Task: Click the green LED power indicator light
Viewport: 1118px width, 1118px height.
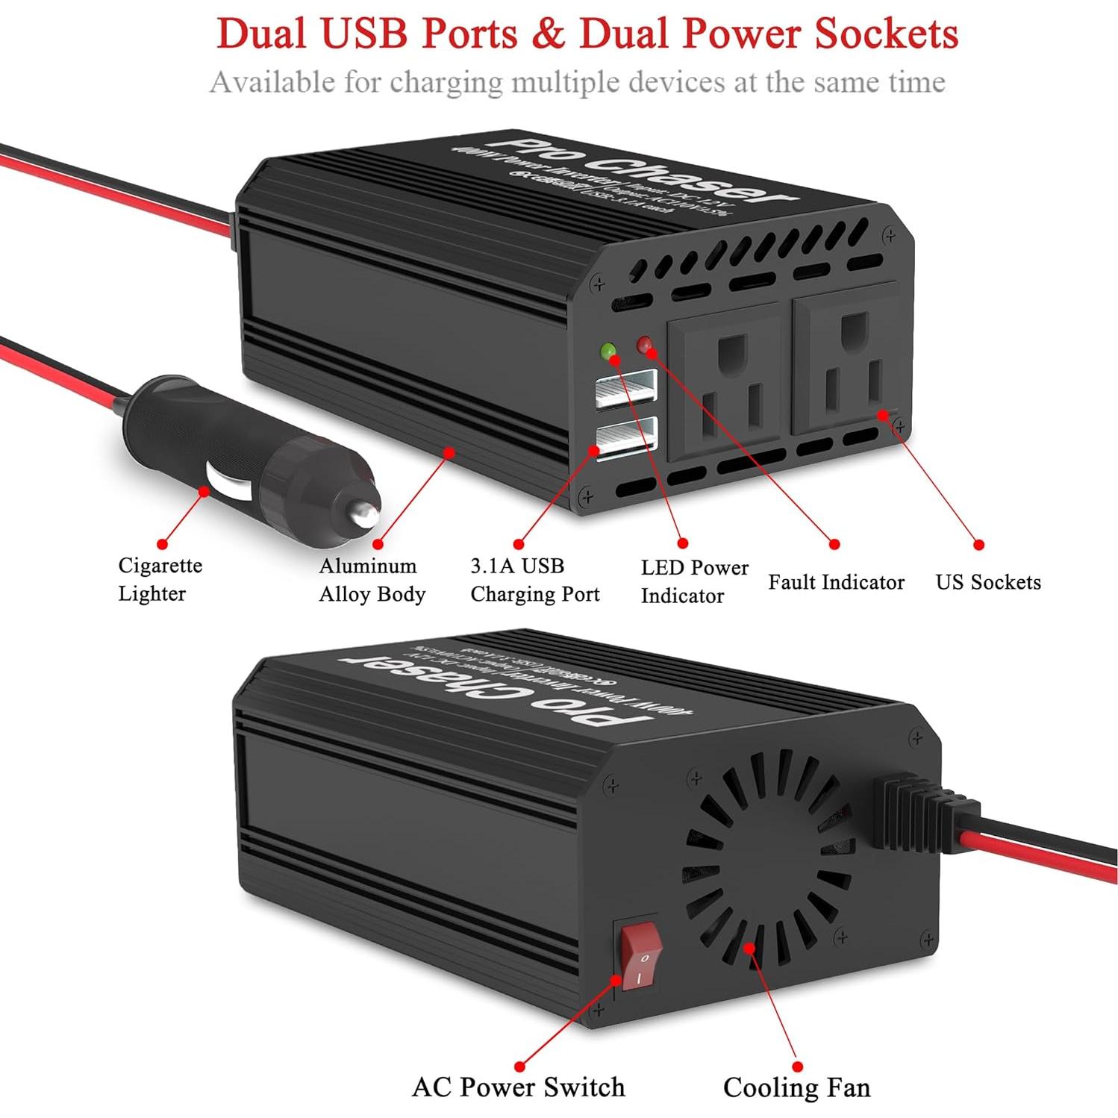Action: [608, 350]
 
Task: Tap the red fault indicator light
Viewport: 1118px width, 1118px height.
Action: [644, 344]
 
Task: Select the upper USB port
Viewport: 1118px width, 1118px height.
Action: [626, 388]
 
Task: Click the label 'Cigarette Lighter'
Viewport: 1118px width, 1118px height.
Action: [160, 579]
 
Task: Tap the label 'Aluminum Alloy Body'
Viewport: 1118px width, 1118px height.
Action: [372, 580]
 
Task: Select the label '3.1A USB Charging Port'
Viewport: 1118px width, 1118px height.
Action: [534, 580]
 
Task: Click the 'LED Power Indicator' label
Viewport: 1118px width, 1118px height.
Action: [694, 581]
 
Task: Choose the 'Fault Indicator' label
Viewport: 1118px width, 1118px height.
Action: [836, 582]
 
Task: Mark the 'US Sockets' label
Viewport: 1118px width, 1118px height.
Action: [988, 582]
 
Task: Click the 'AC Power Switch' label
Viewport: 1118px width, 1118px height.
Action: [518, 1087]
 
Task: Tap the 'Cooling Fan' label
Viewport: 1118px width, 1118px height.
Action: [796, 1087]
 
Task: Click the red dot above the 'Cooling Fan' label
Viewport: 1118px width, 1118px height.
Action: [797, 1067]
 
